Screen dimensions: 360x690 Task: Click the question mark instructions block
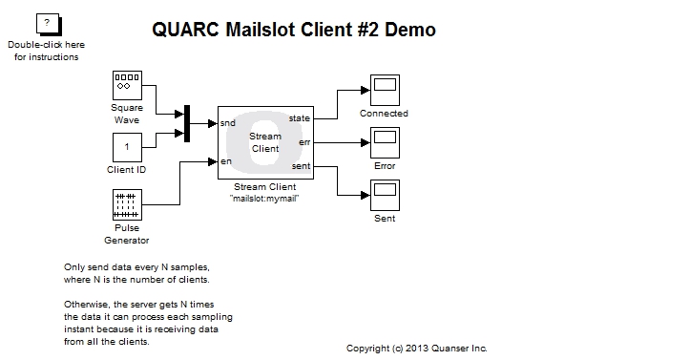(x=47, y=24)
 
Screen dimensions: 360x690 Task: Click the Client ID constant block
(x=127, y=147)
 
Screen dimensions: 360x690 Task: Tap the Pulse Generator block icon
(x=127, y=205)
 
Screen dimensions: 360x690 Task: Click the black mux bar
(x=187, y=123)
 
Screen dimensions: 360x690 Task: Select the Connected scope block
(x=384, y=91)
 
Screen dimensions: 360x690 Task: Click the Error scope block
(x=384, y=143)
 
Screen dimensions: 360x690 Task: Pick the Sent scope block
(x=384, y=197)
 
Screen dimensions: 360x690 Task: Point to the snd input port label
(x=228, y=123)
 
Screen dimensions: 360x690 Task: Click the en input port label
(x=225, y=161)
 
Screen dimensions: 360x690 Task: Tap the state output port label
(x=299, y=117)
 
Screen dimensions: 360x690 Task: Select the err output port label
(x=304, y=142)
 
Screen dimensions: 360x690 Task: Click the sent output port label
(x=301, y=167)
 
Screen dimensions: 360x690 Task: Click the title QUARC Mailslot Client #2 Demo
(x=294, y=30)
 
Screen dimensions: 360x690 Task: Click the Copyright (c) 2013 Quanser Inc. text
(x=416, y=349)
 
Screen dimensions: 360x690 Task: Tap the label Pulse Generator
(x=127, y=234)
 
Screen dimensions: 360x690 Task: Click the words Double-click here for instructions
(x=47, y=51)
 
